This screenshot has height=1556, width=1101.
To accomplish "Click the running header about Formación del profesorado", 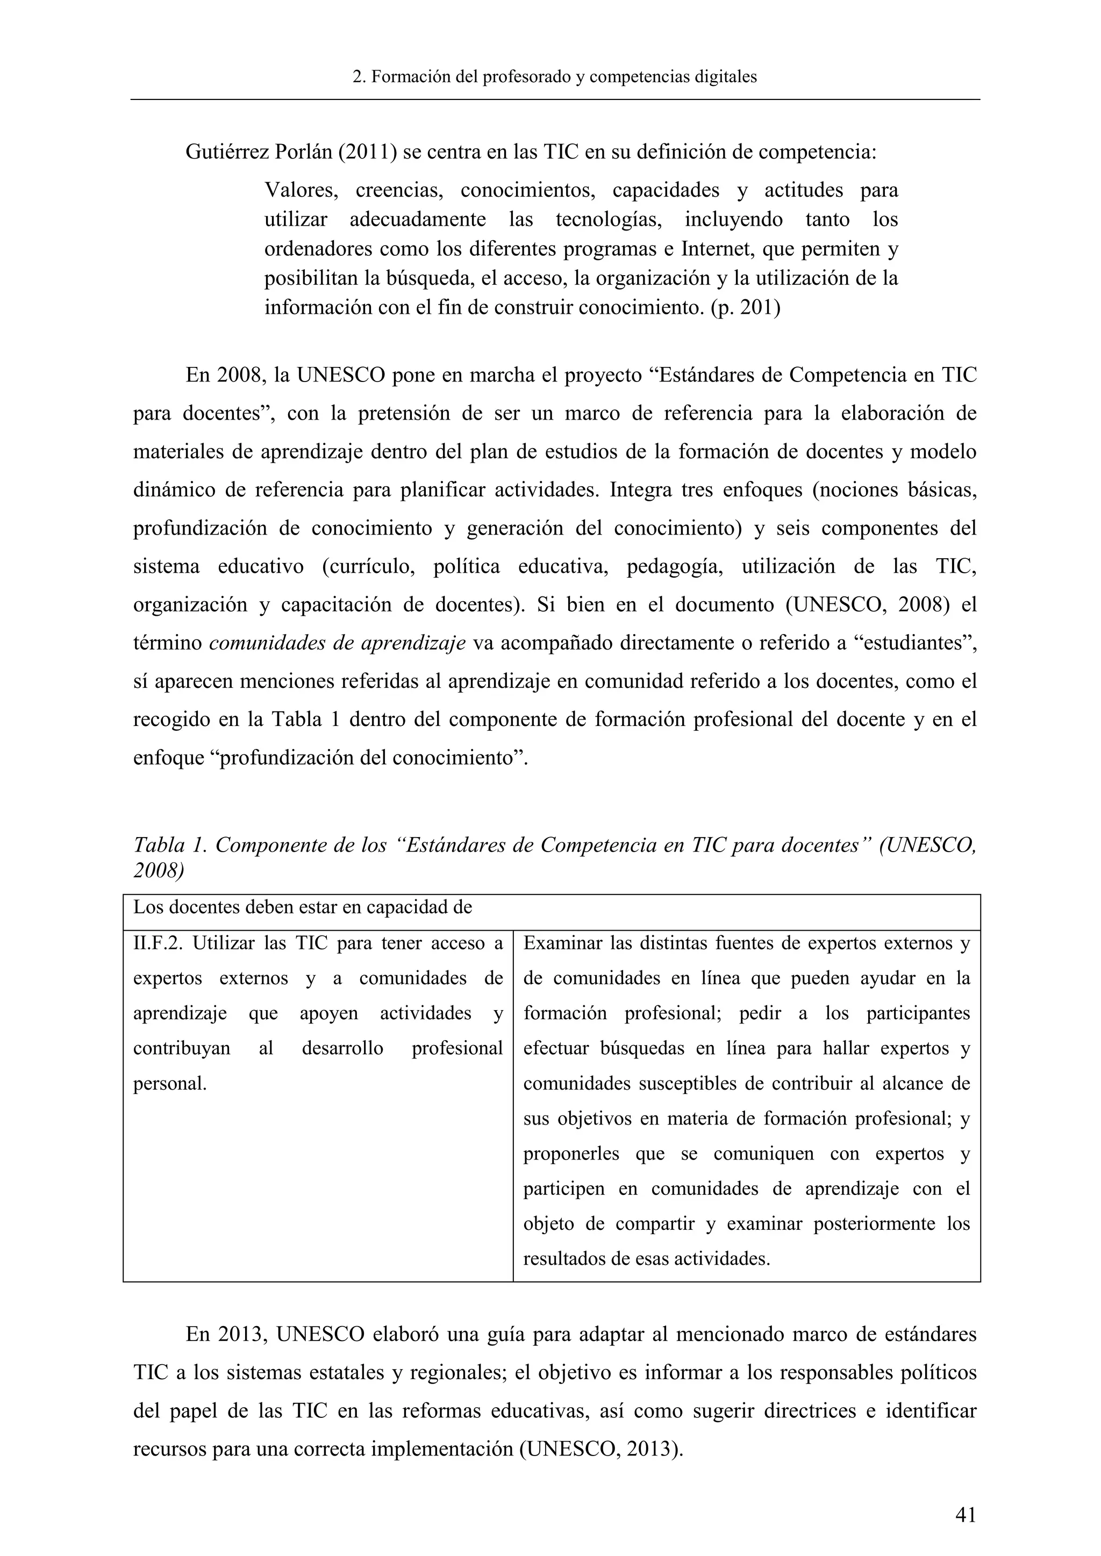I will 555,77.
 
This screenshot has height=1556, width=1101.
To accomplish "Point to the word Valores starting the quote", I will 301,190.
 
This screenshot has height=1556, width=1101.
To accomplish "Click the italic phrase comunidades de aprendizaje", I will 337,643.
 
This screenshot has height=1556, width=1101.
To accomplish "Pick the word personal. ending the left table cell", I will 169,1084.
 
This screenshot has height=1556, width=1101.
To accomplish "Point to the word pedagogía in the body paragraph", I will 674,566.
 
